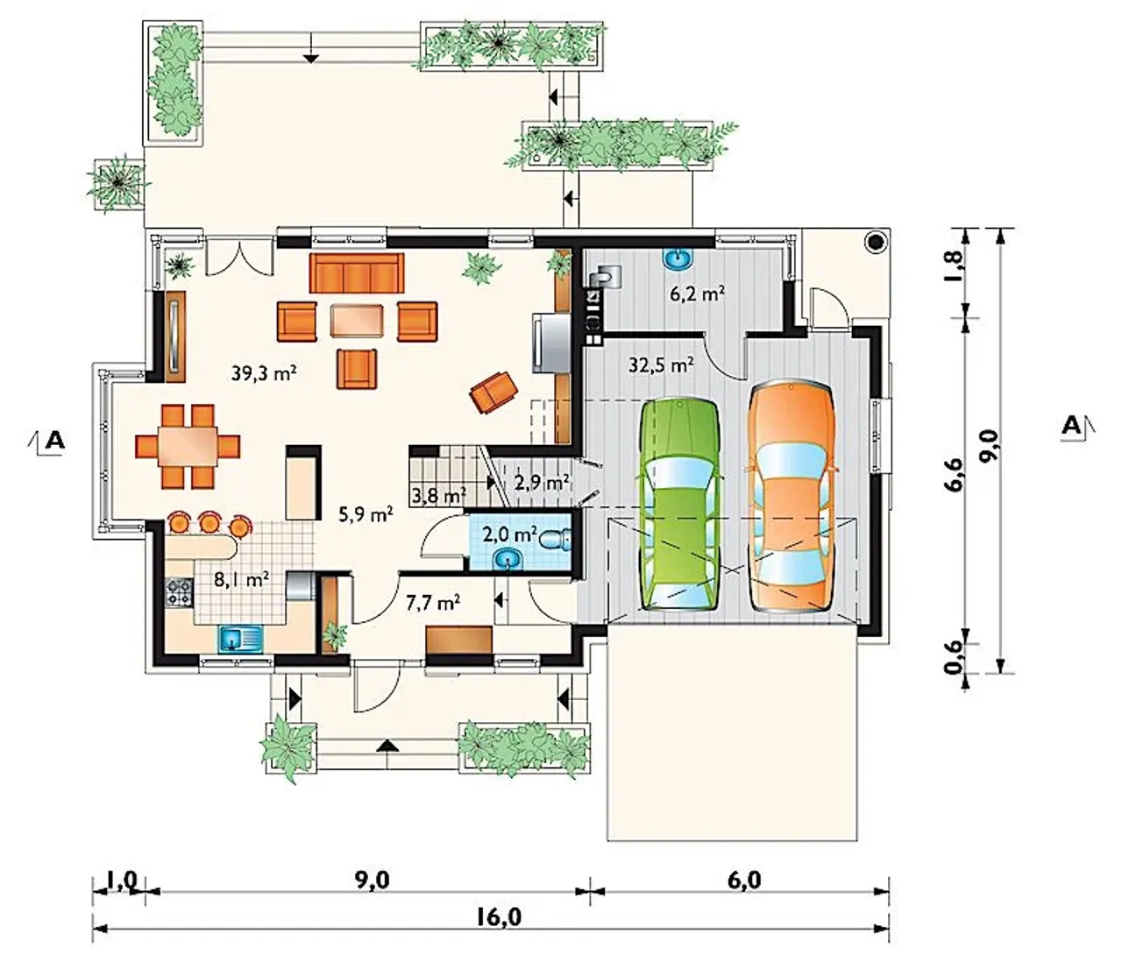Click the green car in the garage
click(x=681, y=505)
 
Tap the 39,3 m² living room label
click(x=264, y=373)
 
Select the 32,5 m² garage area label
click(x=661, y=365)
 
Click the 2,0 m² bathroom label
click(x=509, y=534)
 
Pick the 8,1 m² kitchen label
click(x=242, y=579)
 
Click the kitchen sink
click(x=241, y=639)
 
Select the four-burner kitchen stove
click(x=180, y=592)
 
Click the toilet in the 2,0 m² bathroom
click(x=554, y=538)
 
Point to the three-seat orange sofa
click(x=357, y=273)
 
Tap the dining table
click(x=188, y=446)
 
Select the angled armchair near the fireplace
click(x=494, y=393)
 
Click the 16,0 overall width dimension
click(x=500, y=917)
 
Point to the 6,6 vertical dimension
click(x=954, y=474)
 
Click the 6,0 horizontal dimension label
click(x=744, y=880)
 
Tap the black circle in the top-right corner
click(x=875, y=243)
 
